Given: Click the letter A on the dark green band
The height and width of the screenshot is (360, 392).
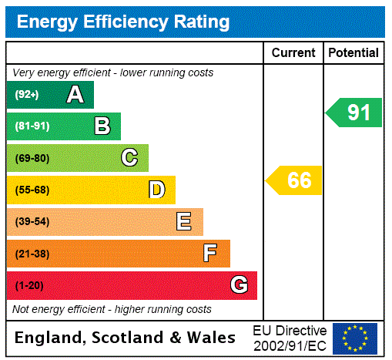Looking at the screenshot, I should pyautogui.click(x=75, y=95).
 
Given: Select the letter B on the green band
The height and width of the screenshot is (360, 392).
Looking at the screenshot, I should pyautogui.click(x=102, y=126).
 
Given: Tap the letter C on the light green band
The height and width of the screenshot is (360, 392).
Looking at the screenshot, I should pyautogui.click(x=129, y=158).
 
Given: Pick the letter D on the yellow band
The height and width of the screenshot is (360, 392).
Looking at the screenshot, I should pyautogui.click(x=156, y=190).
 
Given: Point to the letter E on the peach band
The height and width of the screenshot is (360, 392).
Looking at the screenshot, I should pyautogui.click(x=183, y=222).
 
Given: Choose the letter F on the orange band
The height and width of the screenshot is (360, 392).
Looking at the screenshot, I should pyautogui.click(x=210, y=254).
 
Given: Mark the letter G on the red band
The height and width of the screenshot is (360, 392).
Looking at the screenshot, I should pyautogui.click(x=239, y=285).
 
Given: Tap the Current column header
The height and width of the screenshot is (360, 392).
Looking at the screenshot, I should pyautogui.click(x=293, y=53).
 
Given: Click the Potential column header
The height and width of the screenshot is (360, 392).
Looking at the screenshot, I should pyautogui.click(x=353, y=53).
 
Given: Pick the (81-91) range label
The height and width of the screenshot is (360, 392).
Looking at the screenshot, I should pyautogui.click(x=32, y=126).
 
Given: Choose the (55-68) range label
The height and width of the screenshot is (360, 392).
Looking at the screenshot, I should pyautogui.click(x=32, y=190).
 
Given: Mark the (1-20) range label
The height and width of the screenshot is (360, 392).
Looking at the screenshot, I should pyautogui.click(x=29, y=286).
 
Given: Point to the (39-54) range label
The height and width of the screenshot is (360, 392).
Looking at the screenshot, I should pyautogui.click(x=32, y=222).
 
